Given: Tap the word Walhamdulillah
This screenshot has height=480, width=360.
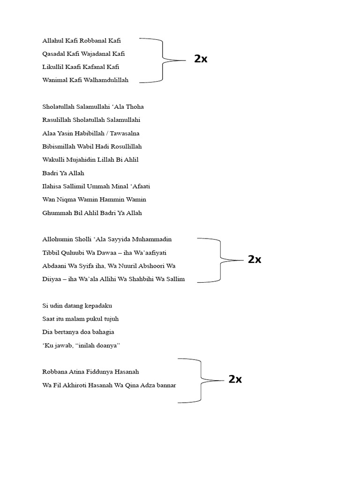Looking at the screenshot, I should [107, 80].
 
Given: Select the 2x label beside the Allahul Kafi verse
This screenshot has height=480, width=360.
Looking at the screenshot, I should [201, 59].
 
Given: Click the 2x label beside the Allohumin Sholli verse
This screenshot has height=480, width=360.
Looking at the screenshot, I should [255, 260].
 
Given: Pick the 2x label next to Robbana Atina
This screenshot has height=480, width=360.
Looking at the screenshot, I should [235, 380].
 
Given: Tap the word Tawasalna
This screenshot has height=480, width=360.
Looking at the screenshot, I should [125, 134].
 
